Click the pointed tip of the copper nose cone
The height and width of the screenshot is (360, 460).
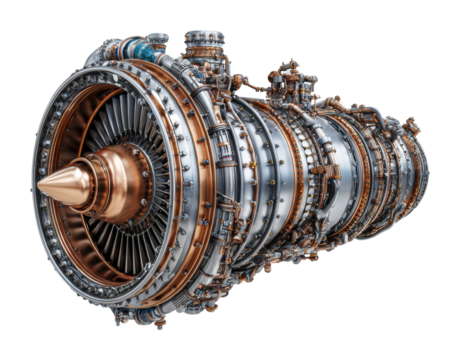pos(38,187)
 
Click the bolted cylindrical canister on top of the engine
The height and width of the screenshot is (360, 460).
pos(204,46)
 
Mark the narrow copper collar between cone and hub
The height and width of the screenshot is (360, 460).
pos(99,180)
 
